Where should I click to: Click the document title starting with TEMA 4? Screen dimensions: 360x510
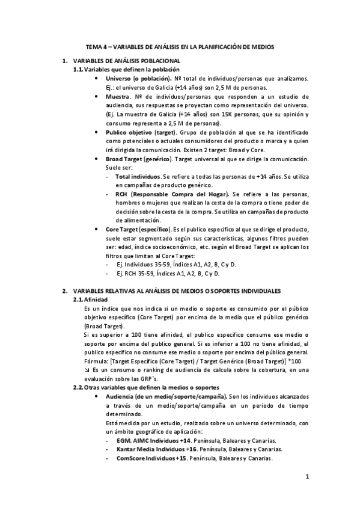180,46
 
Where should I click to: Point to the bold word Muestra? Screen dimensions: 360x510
118,96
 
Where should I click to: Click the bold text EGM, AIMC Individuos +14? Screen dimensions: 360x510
154,441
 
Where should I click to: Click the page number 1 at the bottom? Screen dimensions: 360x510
307,478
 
